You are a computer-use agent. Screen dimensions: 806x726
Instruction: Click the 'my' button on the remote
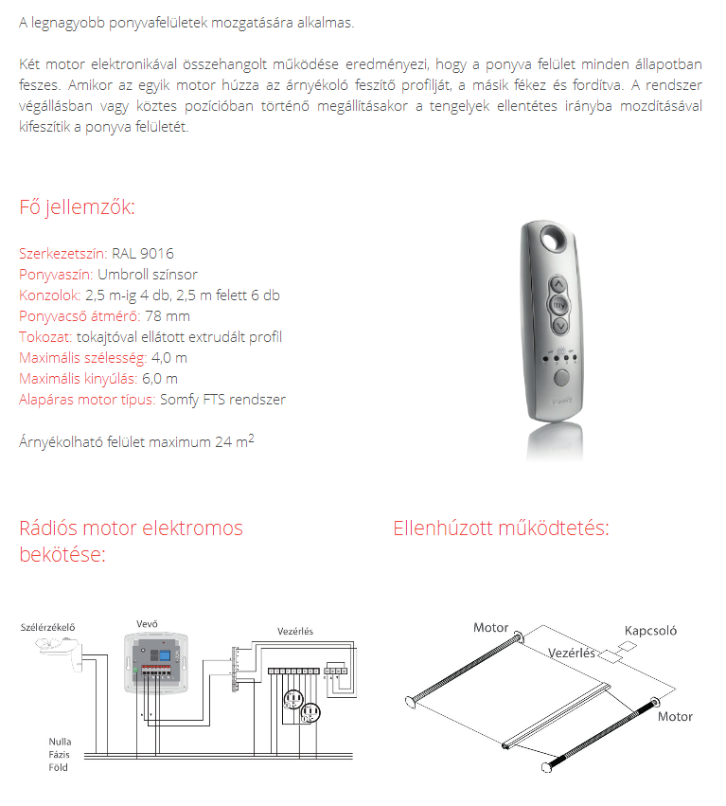click(x=559, y=305)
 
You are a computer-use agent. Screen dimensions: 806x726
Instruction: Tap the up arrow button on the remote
click(x=559, y=284)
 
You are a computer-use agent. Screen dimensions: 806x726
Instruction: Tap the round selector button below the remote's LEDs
click(x=562, y=377)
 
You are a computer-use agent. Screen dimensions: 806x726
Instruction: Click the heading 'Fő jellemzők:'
click(x=78, y=207)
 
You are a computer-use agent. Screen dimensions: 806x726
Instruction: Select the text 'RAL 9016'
click(x=142, y=254)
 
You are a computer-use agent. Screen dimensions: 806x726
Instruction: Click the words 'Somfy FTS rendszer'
click(x=222, y=399)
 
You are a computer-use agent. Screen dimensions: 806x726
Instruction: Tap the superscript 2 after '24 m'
click(x=251, y=437)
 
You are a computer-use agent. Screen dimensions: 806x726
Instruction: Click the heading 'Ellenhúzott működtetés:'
click(x=501, y=528)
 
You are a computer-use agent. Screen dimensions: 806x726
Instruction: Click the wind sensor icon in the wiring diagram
click(x=57, y=648)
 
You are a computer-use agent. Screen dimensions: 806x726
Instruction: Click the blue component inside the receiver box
click(x=163, y=654)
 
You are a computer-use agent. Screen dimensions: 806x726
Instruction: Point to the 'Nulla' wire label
click(x=61, y=741)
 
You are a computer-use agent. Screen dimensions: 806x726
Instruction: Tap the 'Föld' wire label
click(x=59, y=767)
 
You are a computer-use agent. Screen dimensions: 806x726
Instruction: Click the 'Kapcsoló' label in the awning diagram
click(x=650, y=631)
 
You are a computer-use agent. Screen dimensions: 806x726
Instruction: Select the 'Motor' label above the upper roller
click(x=490, y=627)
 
